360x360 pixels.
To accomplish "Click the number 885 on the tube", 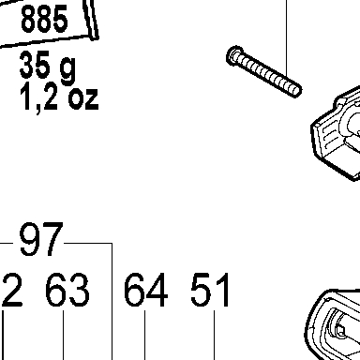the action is [44, 19].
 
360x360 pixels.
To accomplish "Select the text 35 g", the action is [48, 67].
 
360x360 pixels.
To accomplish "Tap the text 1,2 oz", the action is [59, 98].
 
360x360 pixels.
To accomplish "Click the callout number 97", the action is [41, 239].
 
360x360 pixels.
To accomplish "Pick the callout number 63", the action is [67, 290].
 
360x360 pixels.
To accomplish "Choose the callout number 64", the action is [146, 290].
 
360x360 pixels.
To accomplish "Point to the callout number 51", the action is [210, 290].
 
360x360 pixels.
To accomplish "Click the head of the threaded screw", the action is [235, 55].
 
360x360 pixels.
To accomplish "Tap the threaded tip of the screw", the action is [296, 91].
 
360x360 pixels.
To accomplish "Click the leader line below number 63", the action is [64, 335].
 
